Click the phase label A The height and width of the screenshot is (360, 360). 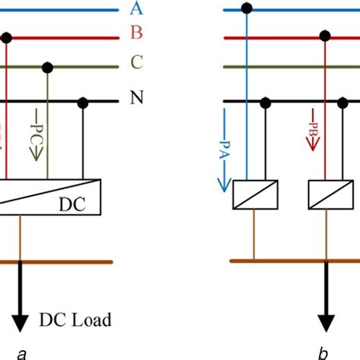click(137, 9)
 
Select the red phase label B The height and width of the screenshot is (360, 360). click(137, 36)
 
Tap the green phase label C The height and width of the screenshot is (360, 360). click(137, 65)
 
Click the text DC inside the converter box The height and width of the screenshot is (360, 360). click(73, 205)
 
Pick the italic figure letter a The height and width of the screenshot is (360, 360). click(22, 353)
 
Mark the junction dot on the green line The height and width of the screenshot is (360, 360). click(49, 68)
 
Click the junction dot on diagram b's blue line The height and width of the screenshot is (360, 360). click(246, 9)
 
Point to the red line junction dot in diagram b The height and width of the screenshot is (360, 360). click(325, 36)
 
